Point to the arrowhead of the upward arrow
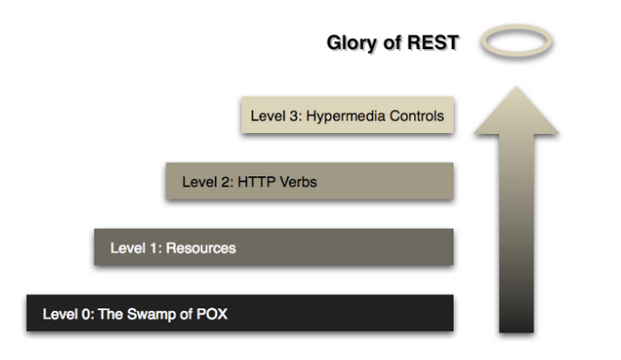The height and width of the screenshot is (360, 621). pos(516,110)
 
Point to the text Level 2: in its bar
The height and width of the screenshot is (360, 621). pos(203,182)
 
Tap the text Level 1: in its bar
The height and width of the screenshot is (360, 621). pos(132,248)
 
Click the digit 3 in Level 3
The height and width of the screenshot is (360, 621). pos(296,116)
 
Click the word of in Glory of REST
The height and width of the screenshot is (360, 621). pos(383,42)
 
